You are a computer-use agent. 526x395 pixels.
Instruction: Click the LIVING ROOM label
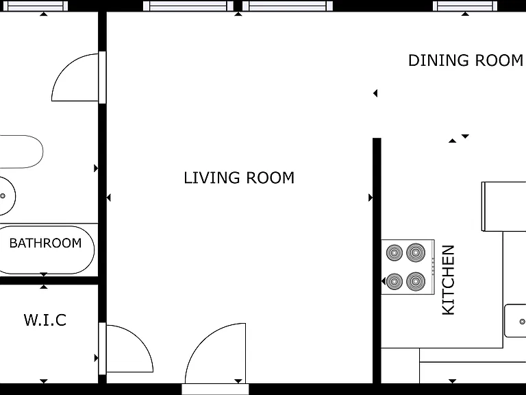(x=239, y=178)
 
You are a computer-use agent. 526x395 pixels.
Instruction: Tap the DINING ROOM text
(x=466, y=60)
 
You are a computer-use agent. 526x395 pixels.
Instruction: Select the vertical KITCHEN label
(x=449, y=280)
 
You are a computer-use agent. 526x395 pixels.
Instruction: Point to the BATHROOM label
(x=45, y=243)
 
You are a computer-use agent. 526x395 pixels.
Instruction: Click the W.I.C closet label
(x=45, y=320)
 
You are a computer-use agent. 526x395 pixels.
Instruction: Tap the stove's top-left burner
(x=394, y=252)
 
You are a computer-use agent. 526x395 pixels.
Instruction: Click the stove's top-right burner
(x=416, y=252)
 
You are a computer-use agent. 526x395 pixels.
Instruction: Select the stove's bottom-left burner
(x=394, y=281)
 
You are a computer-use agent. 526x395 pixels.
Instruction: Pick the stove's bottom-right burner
(x=416, y=281)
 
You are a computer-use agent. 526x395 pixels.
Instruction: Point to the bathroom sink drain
(x=3, y=196)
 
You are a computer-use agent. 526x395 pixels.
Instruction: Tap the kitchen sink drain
(x=523, y=322)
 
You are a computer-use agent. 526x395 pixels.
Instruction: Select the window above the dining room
(x=465, y=5)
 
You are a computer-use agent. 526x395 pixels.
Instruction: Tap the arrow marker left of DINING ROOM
(x=375, y=93)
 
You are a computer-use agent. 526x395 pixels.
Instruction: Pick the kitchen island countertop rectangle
(x=504, y=206)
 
